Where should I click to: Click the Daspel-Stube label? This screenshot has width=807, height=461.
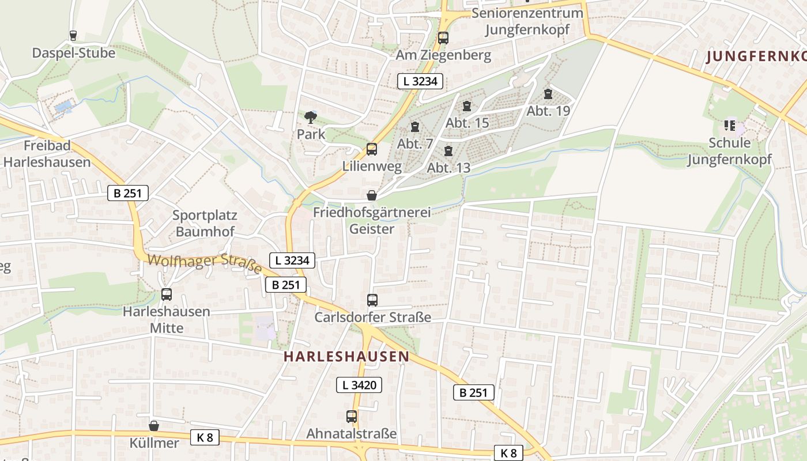coord(73,53)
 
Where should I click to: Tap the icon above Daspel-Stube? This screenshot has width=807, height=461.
coord(73,36)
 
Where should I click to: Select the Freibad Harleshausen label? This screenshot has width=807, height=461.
coord(47,153)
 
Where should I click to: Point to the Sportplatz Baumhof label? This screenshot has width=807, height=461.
coord(205,224)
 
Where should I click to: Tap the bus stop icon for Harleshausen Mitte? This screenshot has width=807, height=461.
coord(167,294)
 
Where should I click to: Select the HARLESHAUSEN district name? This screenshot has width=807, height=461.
coord(346,357)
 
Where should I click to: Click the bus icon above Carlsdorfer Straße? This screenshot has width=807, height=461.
coord(372,300)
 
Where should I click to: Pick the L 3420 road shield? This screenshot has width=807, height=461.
coord(359,385)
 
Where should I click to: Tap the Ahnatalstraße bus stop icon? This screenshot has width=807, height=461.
coord(352,417)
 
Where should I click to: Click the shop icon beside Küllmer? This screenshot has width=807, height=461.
coord(154,426)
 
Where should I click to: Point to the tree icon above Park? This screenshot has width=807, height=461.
coord(311,118)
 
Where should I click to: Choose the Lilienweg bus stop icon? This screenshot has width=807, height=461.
coord(372,149)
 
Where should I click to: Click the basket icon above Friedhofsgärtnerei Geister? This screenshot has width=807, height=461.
coord(372,195)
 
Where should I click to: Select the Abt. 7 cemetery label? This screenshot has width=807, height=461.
coord(415,143)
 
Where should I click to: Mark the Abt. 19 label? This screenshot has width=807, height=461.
coord(548,111)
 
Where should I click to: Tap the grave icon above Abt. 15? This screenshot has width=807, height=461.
coord(467,106)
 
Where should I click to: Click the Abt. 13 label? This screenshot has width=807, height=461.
coord(448,168)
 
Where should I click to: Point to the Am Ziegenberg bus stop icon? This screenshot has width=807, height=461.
coord(443,38)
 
